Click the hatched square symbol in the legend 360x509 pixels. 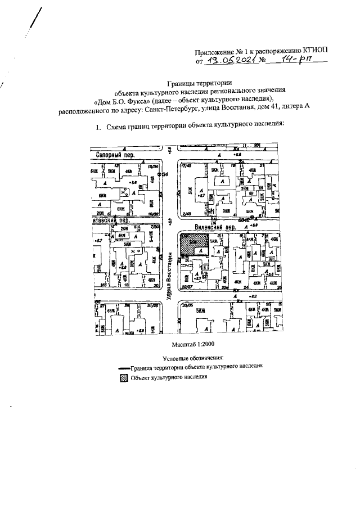tap(123, 377)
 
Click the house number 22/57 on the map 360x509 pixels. tap(184, 286)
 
